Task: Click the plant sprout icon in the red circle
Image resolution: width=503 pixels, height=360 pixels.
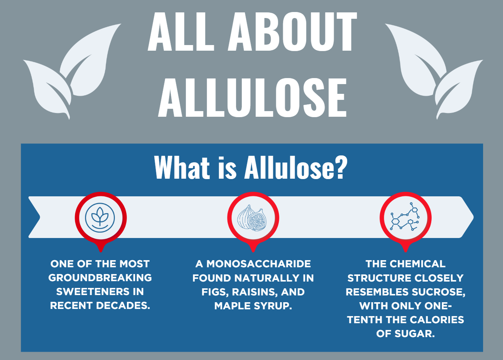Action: click(x=100, y=217)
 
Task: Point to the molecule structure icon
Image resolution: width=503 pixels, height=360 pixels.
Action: click(x=405, y=218)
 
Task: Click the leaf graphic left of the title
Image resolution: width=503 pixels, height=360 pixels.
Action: click(x=71, y=71)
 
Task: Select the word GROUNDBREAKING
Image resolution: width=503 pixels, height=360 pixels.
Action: click(x=100, y=278)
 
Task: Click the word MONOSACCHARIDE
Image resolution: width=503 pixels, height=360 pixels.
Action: click(x=259, y=264)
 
